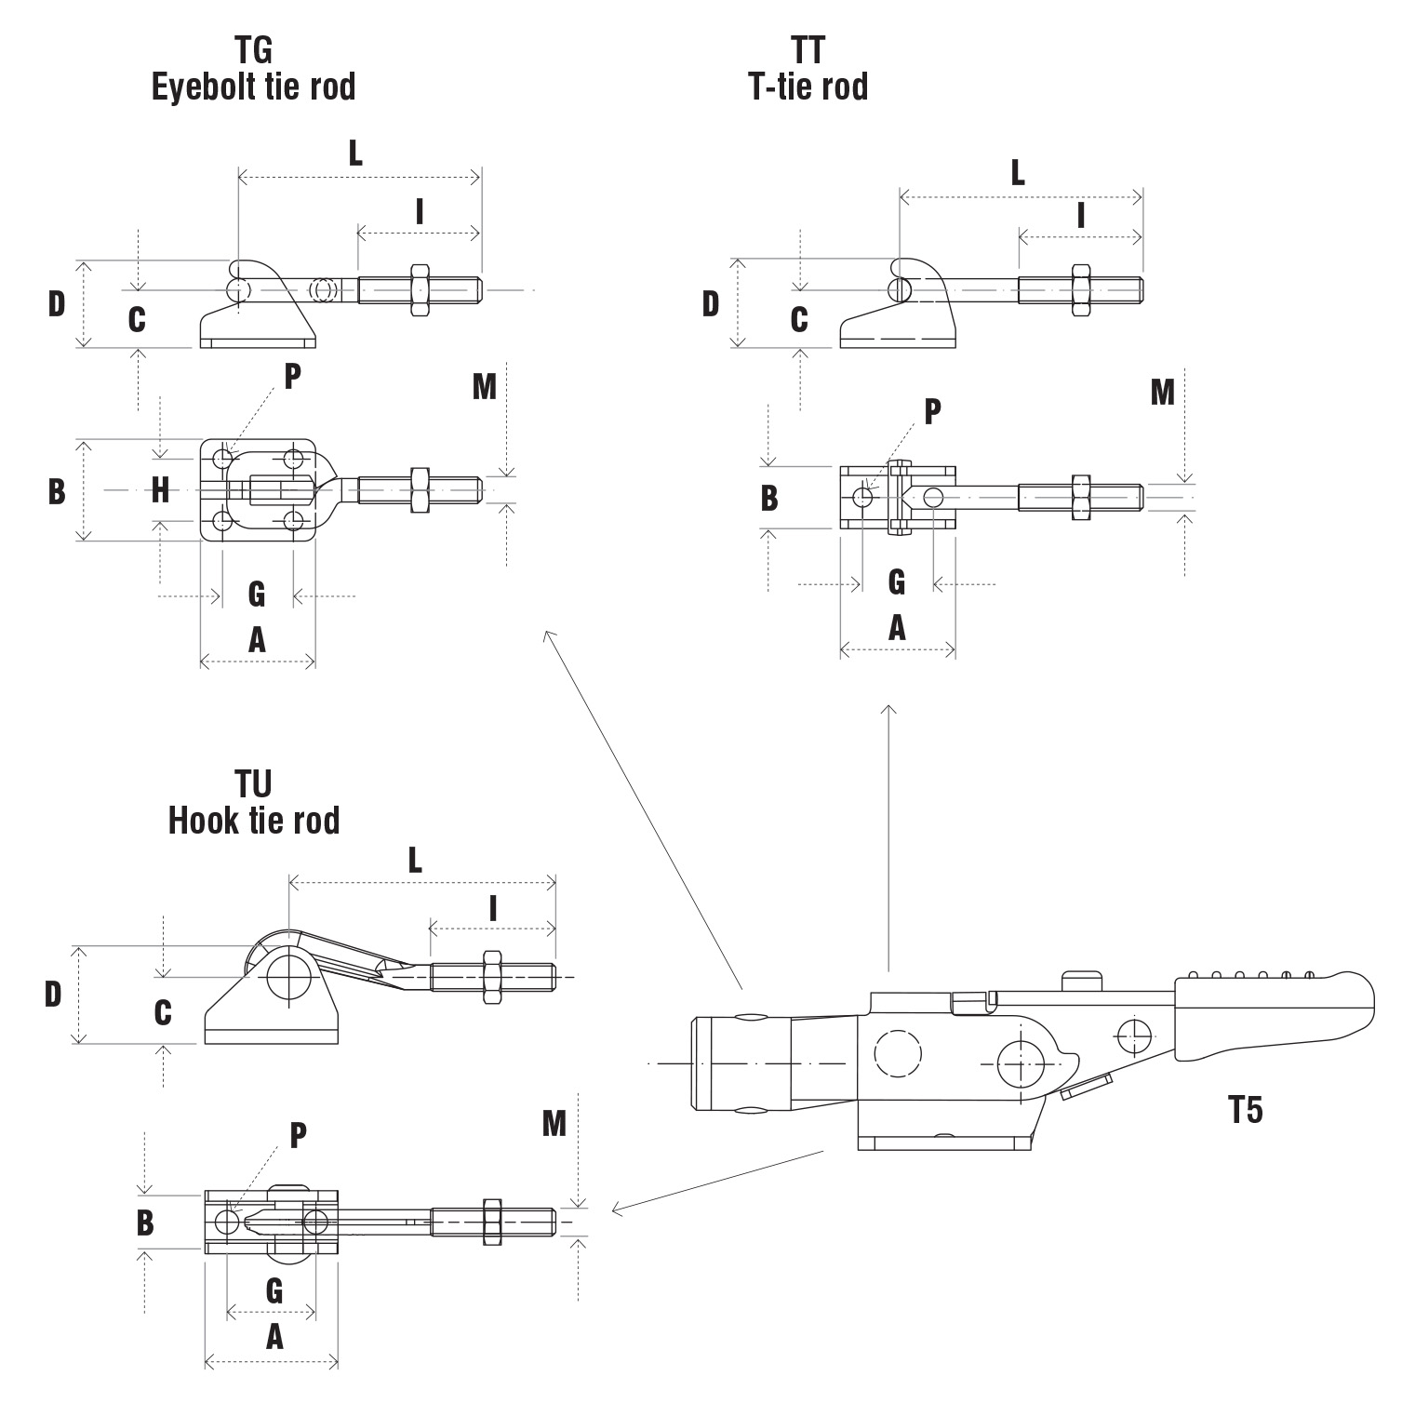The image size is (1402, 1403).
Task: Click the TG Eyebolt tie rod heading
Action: [x=253, y=68]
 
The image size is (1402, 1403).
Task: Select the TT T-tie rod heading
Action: [x=808, y=68]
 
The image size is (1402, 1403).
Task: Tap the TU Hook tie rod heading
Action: [x=253, y=802]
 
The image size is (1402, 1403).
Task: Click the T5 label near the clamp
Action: [x=1245, y=1110]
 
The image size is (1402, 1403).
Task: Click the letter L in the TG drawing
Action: [x=355, y=154]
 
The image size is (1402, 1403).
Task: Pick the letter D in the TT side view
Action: [x=711, y=303]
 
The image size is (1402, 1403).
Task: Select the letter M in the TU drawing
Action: [x=554, y=1124]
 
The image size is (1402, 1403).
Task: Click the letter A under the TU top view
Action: [x=274, y=1337]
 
